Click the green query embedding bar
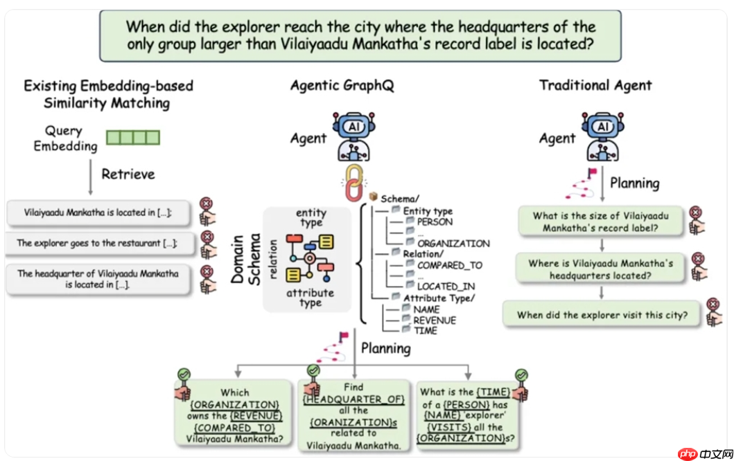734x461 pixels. click(133, 138)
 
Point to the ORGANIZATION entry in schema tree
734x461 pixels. click(453, 244)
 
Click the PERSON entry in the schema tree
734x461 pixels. click(435, 222)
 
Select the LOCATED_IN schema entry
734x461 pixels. click(446, 286)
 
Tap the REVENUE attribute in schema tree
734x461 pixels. click(435, 320)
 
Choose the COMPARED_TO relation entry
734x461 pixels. click(449, 265)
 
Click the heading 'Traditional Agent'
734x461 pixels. click(595, 86)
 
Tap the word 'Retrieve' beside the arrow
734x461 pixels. click(128, 174)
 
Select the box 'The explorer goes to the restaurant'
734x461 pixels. click(97, 243)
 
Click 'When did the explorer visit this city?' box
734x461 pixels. click(602, 315)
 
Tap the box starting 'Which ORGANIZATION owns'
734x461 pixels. click(235, 415)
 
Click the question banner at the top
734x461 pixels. click(360, 35)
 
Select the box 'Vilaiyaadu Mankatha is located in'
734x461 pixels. click(97, 213)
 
